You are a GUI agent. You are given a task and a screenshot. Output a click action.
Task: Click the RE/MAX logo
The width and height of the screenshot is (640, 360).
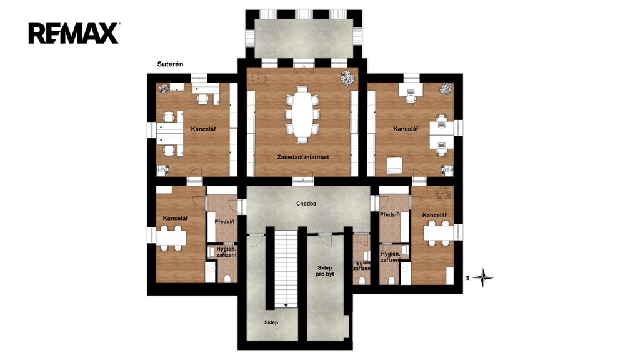point(74,33)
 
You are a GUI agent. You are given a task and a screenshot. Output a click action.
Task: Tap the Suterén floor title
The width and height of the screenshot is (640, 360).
point(170,64)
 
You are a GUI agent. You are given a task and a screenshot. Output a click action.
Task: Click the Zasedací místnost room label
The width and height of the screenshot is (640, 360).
point(303,157)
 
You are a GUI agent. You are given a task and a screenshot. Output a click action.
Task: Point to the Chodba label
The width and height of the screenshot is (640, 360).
point(306,204)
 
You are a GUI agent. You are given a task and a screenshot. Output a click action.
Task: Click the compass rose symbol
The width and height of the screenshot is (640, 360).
point(483,278)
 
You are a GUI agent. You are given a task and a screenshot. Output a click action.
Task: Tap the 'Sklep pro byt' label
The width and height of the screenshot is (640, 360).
point(325,271)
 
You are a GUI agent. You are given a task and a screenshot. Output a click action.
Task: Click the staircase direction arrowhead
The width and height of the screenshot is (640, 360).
point(286,305)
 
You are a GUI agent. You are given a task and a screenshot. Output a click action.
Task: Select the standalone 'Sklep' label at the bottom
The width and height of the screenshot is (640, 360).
point(271,322)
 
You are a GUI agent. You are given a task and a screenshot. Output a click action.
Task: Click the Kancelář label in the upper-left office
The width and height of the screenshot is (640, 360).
point(203,129)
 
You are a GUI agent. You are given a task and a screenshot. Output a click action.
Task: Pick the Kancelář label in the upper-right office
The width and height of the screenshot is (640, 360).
point(406,129)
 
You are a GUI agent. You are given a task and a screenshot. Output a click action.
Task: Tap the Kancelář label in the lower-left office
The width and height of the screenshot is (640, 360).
point(176,218)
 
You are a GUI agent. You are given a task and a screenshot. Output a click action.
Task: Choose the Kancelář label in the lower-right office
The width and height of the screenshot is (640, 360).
point(435,216)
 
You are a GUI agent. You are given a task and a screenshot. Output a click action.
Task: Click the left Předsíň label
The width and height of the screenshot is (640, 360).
point(224,222)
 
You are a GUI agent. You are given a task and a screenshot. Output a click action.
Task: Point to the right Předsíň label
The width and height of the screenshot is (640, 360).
point(390,215)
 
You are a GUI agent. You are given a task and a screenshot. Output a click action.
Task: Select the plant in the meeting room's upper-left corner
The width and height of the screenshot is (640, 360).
point(259,78)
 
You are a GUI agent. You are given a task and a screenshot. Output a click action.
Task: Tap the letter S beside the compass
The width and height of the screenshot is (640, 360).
point(467,278)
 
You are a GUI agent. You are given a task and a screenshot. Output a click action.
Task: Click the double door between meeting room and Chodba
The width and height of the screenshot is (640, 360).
point(303,178)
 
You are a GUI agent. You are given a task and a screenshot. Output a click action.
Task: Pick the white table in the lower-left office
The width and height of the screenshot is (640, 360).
point(171,237)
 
